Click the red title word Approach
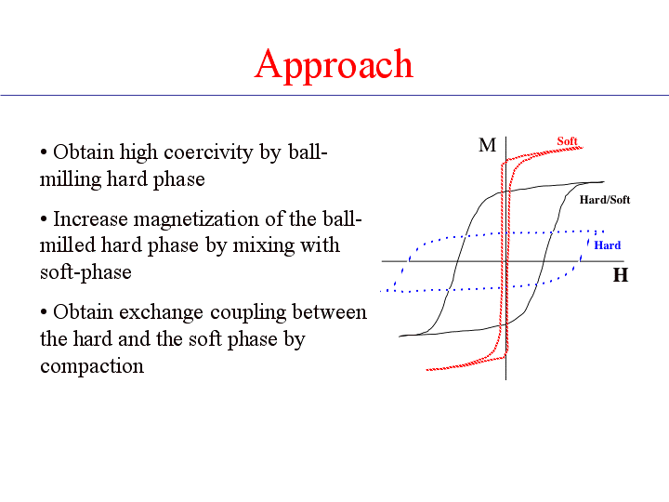point(334,65)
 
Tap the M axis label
point(487,145)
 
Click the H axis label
point(621,275)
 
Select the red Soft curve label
point(567,141)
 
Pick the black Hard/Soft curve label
point(605,200)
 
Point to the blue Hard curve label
point(607,245)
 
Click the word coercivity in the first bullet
point(208,152)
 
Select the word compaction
point(92,366)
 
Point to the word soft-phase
point(85,272)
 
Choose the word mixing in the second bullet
point(262,245)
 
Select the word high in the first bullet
point(138,152)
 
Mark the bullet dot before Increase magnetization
point(44,219)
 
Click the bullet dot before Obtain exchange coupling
point(44,312)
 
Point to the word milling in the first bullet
point(71,179)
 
